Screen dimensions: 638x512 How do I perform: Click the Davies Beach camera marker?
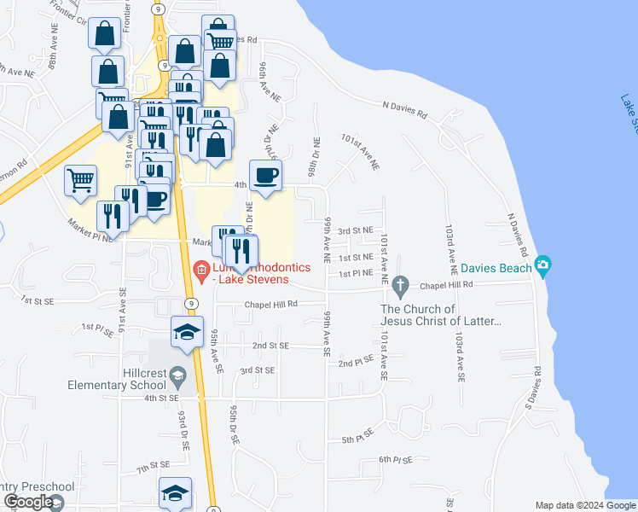point(542,267)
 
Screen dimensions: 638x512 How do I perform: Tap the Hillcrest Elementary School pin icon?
point(177,375)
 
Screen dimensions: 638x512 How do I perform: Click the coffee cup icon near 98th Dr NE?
point(265,176)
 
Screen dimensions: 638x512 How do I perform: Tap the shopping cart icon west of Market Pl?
point(79,180)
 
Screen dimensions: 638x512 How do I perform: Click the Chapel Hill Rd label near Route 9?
point(271,304)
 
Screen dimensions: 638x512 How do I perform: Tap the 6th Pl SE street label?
point(395,460)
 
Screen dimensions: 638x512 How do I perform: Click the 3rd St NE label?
point(355,230)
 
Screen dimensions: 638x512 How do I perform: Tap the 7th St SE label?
point(154,468)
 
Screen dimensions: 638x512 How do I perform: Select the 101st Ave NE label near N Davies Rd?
point(359,151)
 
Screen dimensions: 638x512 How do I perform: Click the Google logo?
point(28,502)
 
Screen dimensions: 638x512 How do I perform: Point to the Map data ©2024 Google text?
point(585,505)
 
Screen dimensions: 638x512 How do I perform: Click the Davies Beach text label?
point(496,267)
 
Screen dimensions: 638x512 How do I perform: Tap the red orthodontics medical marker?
point(201,272)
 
